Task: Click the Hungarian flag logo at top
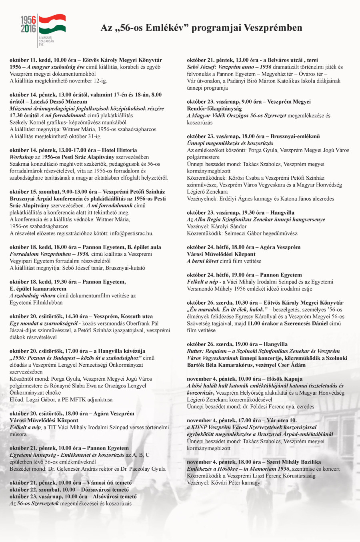coord(52,24)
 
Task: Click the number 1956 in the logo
coord(28,20)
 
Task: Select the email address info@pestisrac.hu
coord(132,233)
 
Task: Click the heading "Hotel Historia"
coord(120,150)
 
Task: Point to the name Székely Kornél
coord(27,122)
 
